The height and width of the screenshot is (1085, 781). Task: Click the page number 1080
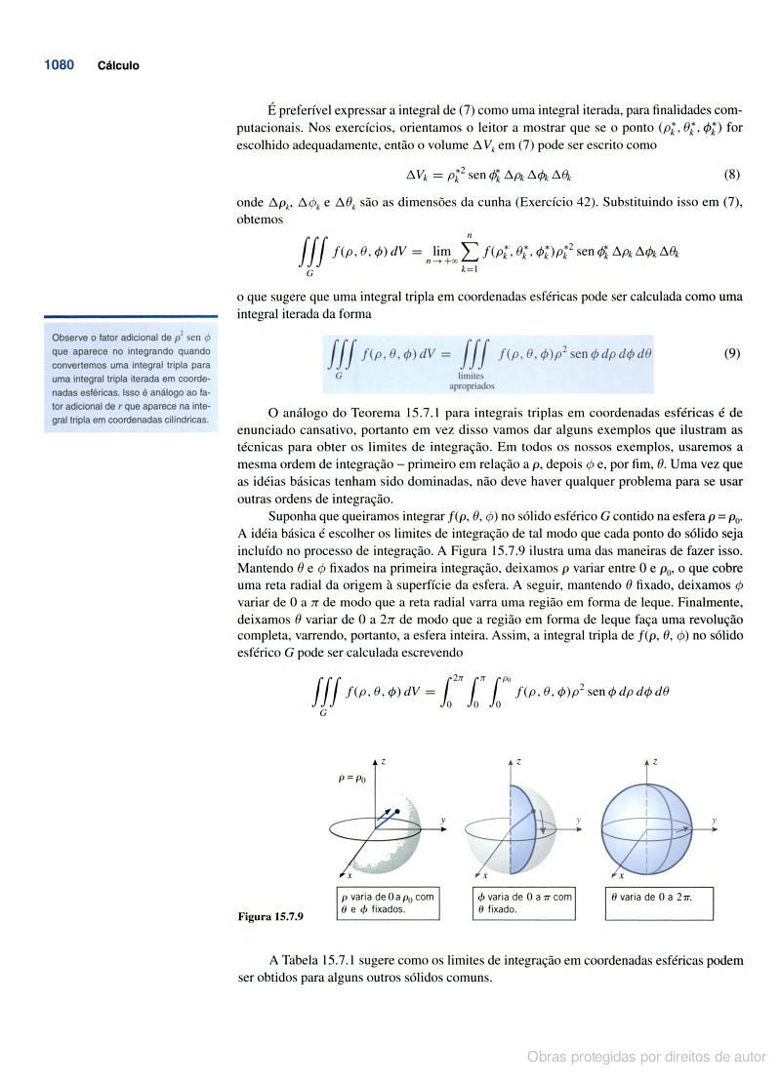pos(59,65)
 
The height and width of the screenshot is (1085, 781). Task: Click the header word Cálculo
pos(118,66)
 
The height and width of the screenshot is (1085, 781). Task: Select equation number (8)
pos(732,176)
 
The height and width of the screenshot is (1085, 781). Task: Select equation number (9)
pos(732,353)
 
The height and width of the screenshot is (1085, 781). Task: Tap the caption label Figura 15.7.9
pos(270,917)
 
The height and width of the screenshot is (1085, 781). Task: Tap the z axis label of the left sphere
pos(384,760)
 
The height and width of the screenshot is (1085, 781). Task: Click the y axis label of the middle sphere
pos(578,821)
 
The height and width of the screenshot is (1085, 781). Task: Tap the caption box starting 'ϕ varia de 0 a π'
pos(523,903)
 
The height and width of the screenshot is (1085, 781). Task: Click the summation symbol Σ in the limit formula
pos(469,252)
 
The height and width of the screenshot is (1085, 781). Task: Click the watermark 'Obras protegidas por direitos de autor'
pos(646,1057)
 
